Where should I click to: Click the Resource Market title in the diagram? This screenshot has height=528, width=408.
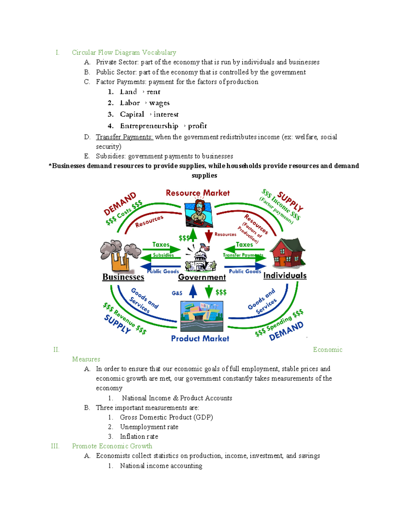[x=198, y=193]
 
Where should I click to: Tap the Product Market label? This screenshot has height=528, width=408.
[x=200, y=339]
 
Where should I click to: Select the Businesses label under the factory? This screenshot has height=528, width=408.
[x=123, y=277]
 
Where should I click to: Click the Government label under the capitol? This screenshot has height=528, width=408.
[x=202, y=277]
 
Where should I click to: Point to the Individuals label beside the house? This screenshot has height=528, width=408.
[x=285, y=276]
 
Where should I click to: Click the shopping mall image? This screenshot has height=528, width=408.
[x=202, y=316]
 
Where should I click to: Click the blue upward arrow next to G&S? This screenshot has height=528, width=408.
[x=193, y=291]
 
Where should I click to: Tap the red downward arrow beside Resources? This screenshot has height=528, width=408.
[x=209, y=236]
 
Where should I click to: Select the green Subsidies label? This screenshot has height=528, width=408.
[x=163, y=255]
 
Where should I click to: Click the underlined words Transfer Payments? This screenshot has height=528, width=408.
[x=124, y=137]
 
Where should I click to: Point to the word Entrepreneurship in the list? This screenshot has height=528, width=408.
[x=149, y=126]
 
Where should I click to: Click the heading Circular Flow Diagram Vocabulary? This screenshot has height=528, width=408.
[x=124, y=52]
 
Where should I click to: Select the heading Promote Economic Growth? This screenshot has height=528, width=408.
[x=112, y=446]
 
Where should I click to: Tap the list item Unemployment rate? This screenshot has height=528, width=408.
[x=149, y=427]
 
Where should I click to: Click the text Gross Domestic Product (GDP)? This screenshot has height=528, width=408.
[x=166, y=417]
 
